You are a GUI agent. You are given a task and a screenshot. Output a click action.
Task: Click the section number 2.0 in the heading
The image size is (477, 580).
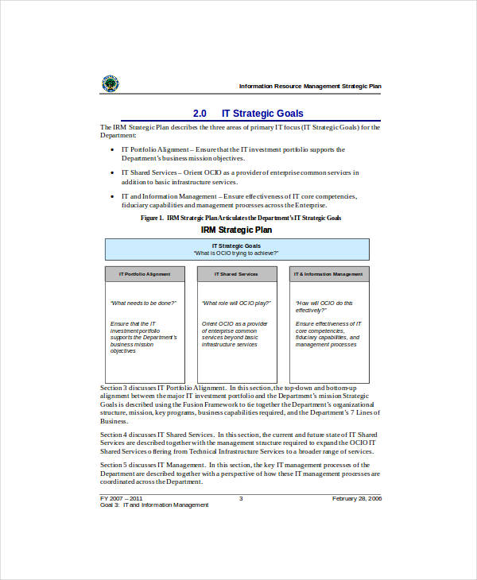[200, 114]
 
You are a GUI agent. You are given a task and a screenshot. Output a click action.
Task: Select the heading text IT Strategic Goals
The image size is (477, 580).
[262, 114]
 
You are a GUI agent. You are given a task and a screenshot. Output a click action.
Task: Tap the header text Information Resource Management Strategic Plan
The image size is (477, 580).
[310, 86]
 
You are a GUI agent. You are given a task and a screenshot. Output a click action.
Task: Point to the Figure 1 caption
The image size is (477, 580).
[240, 218]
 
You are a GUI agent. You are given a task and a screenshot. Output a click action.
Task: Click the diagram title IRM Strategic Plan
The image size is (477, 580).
[236, 230]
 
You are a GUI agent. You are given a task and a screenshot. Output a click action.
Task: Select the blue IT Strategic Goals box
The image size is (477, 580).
[237, 249]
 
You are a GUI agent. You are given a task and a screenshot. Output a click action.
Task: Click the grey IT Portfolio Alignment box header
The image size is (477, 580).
[145, 274]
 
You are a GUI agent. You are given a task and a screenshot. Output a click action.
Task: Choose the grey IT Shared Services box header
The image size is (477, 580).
[237, 274]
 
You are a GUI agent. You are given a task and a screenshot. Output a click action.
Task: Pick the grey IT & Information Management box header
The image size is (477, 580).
[328, 274]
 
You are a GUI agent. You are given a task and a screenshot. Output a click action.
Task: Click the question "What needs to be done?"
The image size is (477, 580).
[143, 303]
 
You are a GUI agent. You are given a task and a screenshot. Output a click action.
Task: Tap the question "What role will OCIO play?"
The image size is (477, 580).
[235, 303]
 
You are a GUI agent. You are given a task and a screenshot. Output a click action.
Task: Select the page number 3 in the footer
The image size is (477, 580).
[241, 498]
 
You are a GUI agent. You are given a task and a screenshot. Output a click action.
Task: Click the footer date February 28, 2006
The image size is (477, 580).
[356, 498]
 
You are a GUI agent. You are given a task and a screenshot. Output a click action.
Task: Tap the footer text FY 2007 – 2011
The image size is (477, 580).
[121, 498]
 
